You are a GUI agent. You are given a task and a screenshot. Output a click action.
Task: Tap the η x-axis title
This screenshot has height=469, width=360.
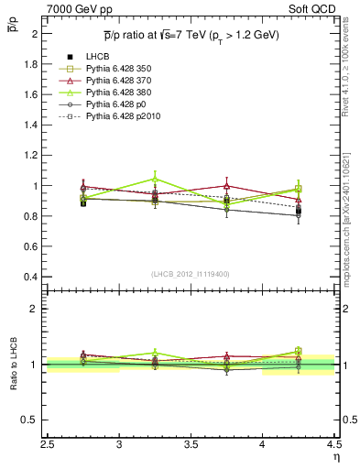coord(335,457)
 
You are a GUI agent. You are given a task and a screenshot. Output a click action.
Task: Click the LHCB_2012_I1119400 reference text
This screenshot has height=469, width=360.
coord(191,274)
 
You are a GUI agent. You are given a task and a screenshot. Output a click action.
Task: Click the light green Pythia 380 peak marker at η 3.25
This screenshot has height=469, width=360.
coord(155,179)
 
